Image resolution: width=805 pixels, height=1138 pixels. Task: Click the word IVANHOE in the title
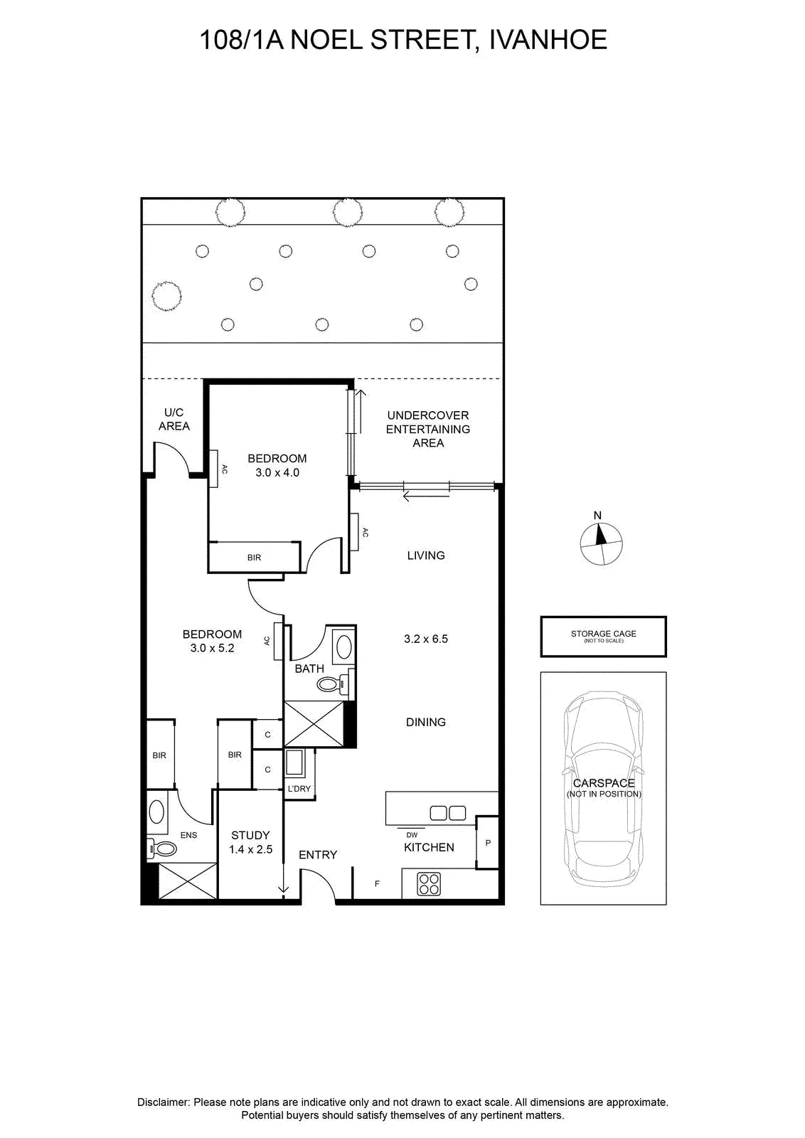pos(548,40)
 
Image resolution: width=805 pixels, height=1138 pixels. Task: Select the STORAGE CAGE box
pos(603,637)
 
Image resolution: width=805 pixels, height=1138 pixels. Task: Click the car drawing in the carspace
pos(603,789)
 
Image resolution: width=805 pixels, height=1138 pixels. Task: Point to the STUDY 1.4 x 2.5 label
pos(250,842)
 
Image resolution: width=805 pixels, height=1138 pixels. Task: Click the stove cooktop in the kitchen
pos(429,883)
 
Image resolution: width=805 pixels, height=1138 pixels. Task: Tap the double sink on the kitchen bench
pos(447,813)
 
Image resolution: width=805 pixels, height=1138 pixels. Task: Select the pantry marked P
pos(488,842)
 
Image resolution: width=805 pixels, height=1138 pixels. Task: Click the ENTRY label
pos(318,855)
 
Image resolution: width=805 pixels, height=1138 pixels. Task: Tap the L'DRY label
pos(299,789)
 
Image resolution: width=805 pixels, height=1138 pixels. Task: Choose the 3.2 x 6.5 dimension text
pos(425,639)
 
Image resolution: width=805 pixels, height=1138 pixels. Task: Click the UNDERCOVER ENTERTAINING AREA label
pos(427,429)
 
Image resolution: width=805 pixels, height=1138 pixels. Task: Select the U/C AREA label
pos(174,419)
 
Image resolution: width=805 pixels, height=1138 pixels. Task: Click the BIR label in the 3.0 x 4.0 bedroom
pos(254,558)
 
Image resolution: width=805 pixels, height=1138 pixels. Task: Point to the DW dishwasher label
pos(411,835)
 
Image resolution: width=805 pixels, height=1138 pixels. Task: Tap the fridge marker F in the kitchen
pos(377,883)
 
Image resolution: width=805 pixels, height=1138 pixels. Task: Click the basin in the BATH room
pos(344,647)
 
